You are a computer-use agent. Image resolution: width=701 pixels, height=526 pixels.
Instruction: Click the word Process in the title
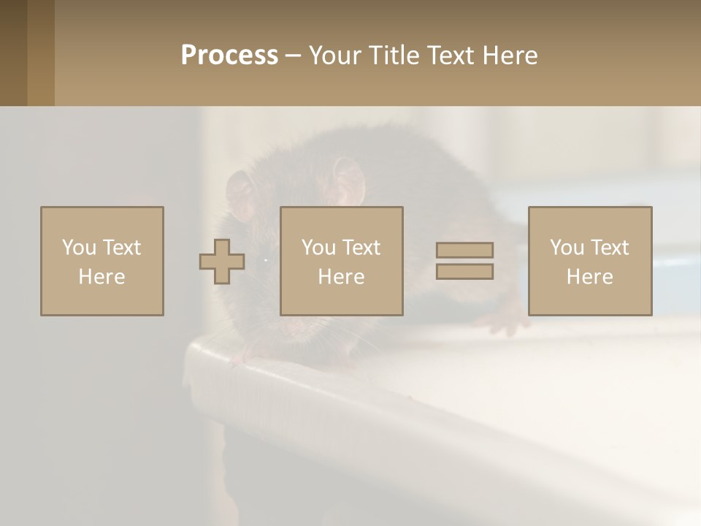tap(229, 56)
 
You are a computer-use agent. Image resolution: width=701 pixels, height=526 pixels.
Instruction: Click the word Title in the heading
tap(392, 56)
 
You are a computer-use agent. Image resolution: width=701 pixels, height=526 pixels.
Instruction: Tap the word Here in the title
tap(509, 56)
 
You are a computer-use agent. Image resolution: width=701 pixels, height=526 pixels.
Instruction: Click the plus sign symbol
tap(222, 262)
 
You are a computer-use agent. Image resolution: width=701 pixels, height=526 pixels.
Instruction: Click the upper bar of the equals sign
tap(464, 250)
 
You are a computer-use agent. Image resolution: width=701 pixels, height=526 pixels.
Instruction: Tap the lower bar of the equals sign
tap(464, 271)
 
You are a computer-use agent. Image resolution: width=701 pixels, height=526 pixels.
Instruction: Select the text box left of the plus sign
tap(102, 261)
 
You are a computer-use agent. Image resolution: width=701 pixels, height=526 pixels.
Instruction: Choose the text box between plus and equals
tap(341, 261)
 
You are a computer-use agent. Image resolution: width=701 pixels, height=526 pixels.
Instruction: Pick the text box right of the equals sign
tap(589, 261)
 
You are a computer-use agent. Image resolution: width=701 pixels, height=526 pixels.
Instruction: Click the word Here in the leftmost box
tap(102, 277)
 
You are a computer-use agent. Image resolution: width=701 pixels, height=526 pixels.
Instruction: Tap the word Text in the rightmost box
tap(610, 248)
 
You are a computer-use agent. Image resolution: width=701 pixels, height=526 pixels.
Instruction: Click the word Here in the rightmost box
tap(589, 277)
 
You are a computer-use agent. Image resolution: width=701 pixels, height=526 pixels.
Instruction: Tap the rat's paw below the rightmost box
tap(503, 322)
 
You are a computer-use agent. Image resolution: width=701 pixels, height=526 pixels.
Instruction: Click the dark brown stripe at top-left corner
tap(13, 53)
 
